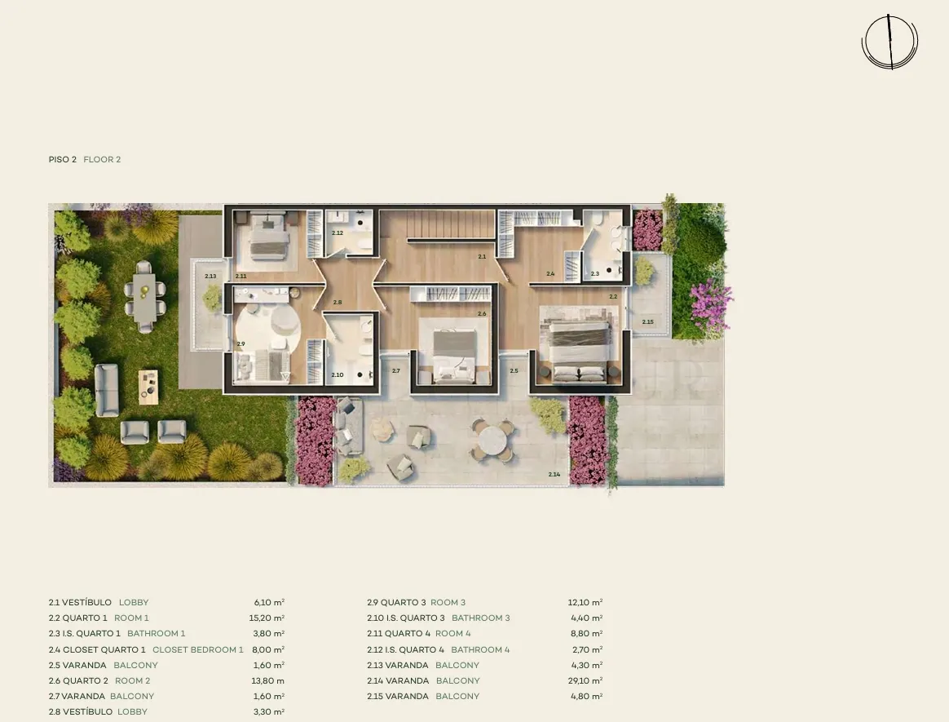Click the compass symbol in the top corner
pos(889,41)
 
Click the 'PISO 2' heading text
pos(62,159)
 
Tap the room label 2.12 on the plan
pos(337,233)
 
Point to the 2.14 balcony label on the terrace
pos(554,474)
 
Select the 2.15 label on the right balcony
pos(647,322)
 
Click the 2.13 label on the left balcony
pos(210,277)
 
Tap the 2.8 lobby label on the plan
pos(337,302)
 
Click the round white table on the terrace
pos(494,440)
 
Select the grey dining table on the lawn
pos(144,297)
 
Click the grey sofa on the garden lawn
pos(107,390)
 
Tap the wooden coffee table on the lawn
pos(148,387)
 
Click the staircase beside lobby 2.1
pos(451,224)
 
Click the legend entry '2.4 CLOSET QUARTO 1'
pos(97,649)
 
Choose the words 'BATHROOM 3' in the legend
pos(480,618)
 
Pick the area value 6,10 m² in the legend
pos(269,602)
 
